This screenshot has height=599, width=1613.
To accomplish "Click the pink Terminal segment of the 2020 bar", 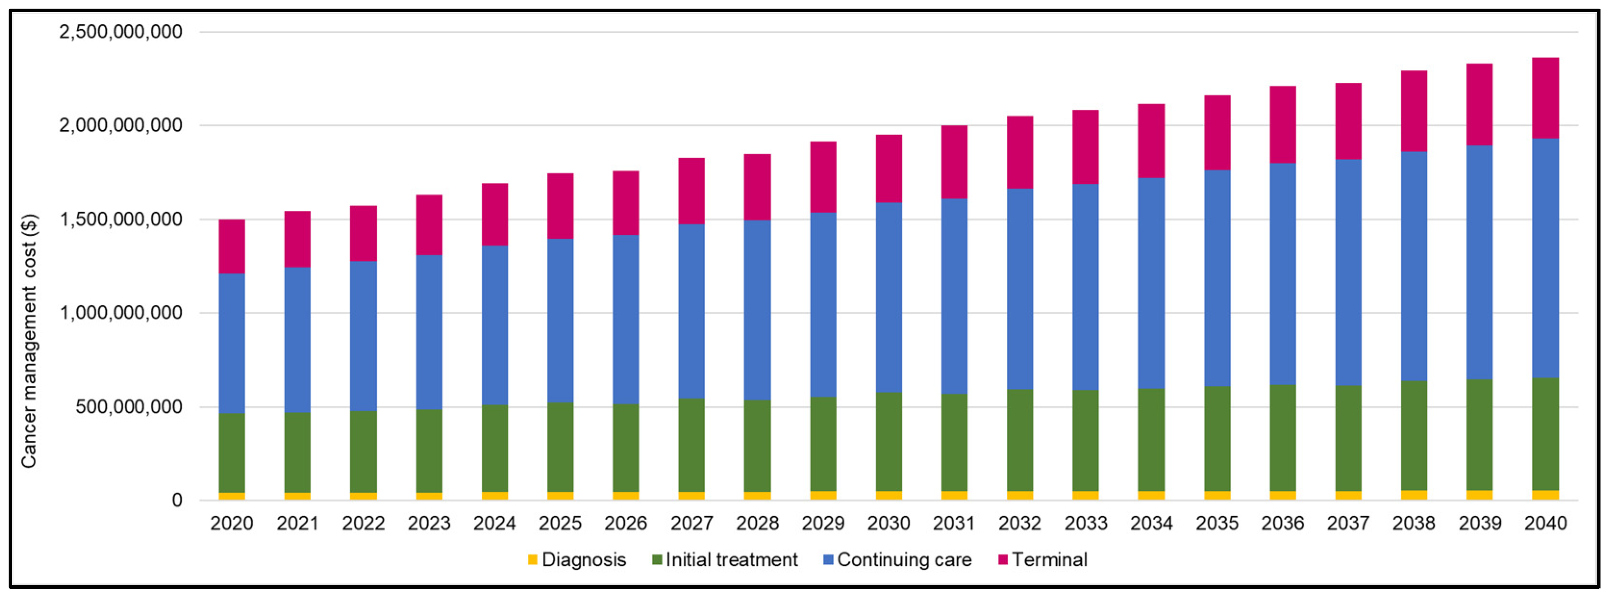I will (232, 246).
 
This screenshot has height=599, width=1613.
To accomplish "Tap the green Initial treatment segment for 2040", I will (1545, 433).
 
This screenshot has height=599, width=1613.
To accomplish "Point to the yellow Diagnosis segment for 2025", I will (561, 496).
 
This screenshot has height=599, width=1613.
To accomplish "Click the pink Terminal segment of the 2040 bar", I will (1545, 98).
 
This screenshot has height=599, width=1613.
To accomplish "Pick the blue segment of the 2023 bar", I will (429, 331).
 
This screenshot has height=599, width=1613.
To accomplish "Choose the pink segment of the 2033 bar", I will (1085, 147).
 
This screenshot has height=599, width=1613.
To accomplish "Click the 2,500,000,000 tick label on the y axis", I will (120, 31).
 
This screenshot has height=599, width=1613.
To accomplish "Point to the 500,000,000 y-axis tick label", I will (128, 407).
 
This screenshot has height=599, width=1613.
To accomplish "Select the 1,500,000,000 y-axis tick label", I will (120, 219).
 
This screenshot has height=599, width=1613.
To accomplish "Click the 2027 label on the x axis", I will (691, 523).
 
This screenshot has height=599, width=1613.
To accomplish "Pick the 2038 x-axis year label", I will (1413, 523).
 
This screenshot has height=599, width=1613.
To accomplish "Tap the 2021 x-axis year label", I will (298, 523).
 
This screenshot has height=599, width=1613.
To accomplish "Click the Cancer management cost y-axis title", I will (29, 342).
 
